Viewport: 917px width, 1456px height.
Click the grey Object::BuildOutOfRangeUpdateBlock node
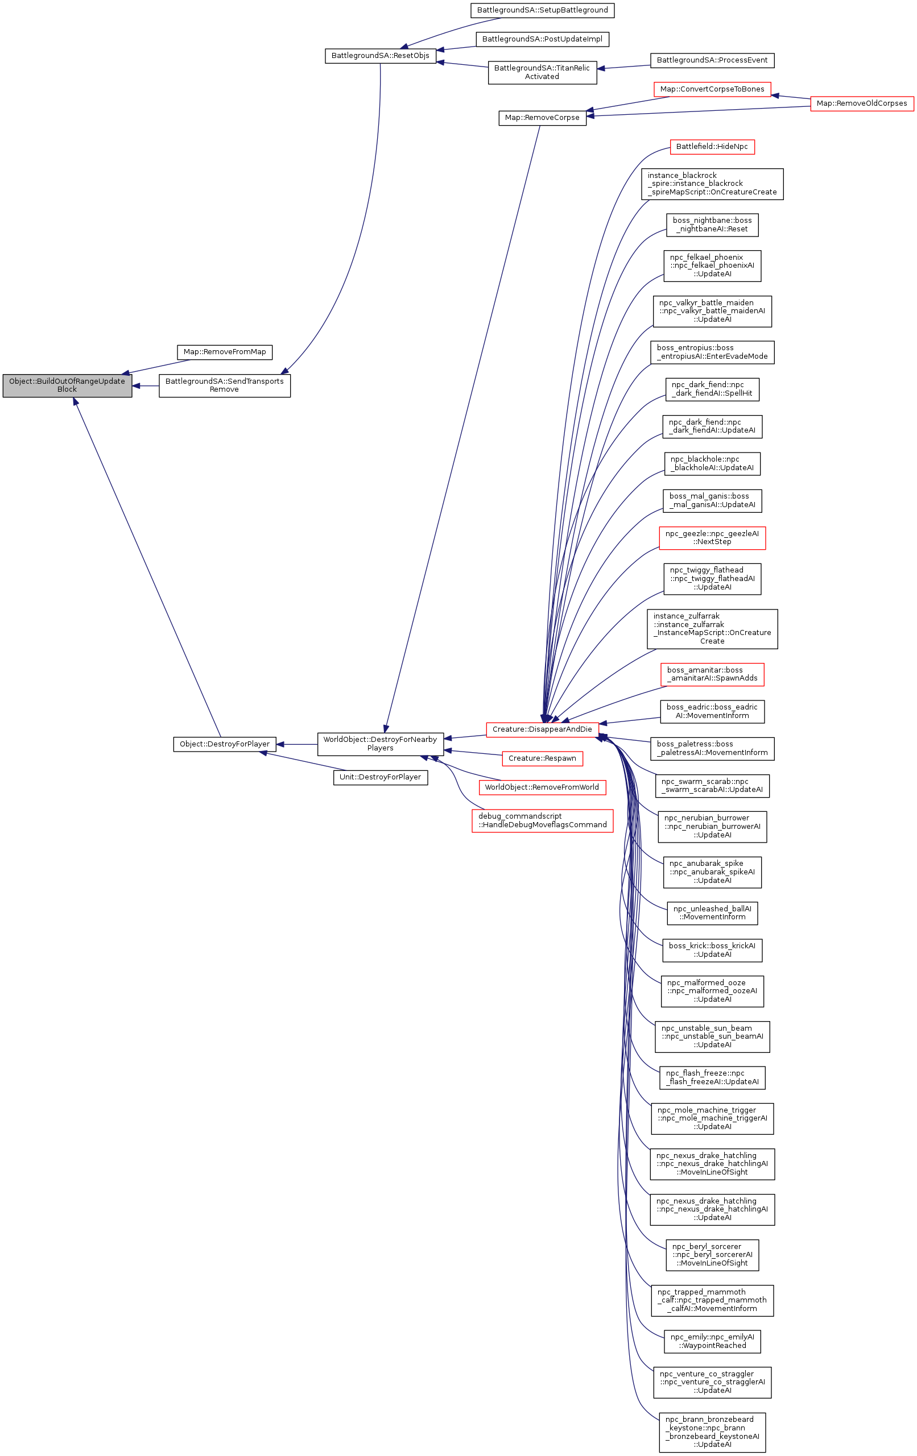67,385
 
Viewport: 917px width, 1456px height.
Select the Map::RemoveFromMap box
224,352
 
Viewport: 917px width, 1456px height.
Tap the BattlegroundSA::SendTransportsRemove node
224,385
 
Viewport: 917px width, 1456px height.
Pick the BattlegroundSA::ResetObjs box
380,56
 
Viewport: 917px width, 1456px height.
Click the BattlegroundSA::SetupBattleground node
542,10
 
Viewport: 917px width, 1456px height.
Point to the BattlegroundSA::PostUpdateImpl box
542,39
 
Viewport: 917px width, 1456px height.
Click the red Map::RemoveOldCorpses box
861,103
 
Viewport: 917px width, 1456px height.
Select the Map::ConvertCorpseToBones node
712,89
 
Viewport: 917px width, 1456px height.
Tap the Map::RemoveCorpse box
542,118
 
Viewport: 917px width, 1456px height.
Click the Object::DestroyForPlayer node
224,744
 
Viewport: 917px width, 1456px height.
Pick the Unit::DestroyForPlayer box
380,777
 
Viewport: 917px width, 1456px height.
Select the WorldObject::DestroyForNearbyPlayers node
380,744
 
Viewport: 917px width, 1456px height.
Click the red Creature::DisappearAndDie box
542,729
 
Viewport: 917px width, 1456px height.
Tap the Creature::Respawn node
542,758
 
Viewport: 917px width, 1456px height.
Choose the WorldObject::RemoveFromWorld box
542,787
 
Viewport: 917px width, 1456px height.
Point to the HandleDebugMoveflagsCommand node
542,820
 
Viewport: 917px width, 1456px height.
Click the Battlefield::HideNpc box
712,147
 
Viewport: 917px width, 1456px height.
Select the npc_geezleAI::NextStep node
712,537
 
